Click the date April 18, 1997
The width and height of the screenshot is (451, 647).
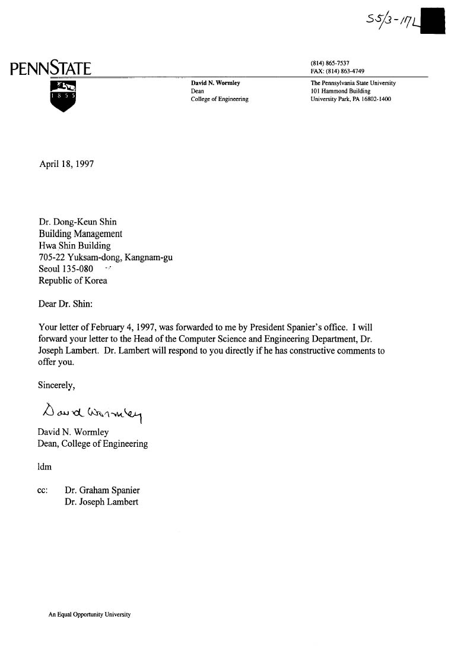pos(66,164)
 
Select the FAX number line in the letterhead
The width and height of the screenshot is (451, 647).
pos(337,71)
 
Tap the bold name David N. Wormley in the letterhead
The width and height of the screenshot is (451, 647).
pos(215,83)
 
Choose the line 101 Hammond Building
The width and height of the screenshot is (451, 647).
pos(340,91)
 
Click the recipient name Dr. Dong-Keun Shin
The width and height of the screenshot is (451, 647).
pos(77,222)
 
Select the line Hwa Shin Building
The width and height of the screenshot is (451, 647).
pos(74,245)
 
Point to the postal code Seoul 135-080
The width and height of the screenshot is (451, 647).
pos(65,269)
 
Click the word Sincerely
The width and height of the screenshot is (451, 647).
pos(56,385)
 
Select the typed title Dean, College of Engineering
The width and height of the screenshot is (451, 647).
pos(93,443)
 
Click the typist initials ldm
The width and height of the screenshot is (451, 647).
pos(45,466)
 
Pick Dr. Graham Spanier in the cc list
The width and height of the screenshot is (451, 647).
pos(102,490)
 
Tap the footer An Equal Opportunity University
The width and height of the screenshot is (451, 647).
pos(89,615)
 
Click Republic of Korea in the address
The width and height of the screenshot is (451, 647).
pos(72,280)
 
